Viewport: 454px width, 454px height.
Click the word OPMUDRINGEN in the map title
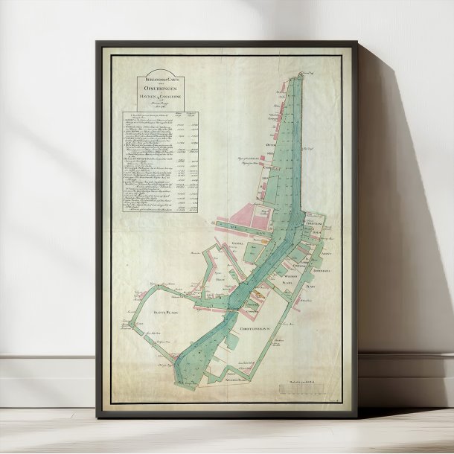[154, 89]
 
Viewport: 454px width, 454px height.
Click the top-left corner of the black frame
[97, 43]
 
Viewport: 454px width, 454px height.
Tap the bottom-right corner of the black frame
[357, 415]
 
